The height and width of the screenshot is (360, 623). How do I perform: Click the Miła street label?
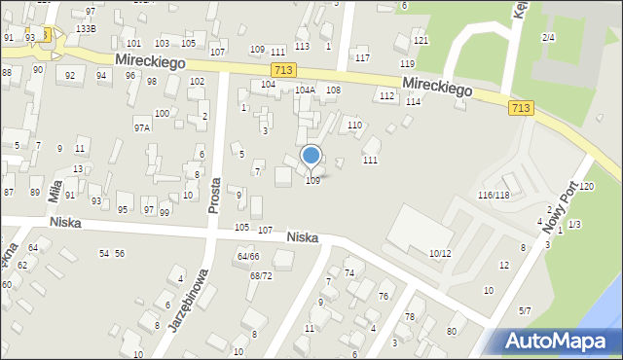pos(55,186)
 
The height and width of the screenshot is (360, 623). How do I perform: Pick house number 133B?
pos(86,29)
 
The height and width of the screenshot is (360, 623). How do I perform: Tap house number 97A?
pos(143,127)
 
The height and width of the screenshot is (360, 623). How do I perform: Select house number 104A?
pos(306,90)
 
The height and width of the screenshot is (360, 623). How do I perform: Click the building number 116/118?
pos(494,196)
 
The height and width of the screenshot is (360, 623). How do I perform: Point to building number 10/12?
pos(440,253)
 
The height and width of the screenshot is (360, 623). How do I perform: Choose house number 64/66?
pos(248,256)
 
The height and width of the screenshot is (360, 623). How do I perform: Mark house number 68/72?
pos(261,276)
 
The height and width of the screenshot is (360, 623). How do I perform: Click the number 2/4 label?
pos(549,37)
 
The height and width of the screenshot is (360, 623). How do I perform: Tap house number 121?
pos(421,40)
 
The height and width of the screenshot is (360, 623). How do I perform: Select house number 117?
pos(362,58)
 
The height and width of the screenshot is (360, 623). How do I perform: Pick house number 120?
pos(586,186)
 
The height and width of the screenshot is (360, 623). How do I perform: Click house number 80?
pos(451,332)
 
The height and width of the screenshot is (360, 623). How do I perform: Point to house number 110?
pos(354,126)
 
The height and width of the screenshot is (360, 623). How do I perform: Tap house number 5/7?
pos(525,310)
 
